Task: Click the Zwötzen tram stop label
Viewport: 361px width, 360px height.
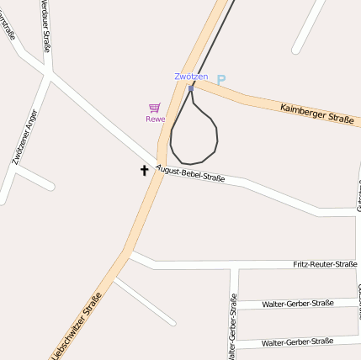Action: point(191,77)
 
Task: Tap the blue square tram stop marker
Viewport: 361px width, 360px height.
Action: point(191,87)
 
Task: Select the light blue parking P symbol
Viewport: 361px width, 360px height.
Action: point(221,81)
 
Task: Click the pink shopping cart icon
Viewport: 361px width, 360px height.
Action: point(154,108)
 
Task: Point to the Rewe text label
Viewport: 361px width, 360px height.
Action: point(155,119)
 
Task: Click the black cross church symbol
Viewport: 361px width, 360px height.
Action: point(144,171)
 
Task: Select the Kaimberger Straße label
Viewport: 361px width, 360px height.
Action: point(316,114)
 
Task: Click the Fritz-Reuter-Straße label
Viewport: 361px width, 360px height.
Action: point(325,264)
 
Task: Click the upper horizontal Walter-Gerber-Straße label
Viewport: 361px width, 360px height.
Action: point(297,304)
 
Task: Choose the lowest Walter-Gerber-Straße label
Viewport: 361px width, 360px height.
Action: point(297,342)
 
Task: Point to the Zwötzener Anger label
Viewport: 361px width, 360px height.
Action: point(25,136)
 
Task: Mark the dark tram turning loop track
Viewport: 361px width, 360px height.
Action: point(215,135)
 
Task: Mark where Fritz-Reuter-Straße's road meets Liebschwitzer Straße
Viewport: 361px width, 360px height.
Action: point(129,251)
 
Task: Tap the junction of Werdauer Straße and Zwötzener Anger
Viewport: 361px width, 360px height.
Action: point(48,76)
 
